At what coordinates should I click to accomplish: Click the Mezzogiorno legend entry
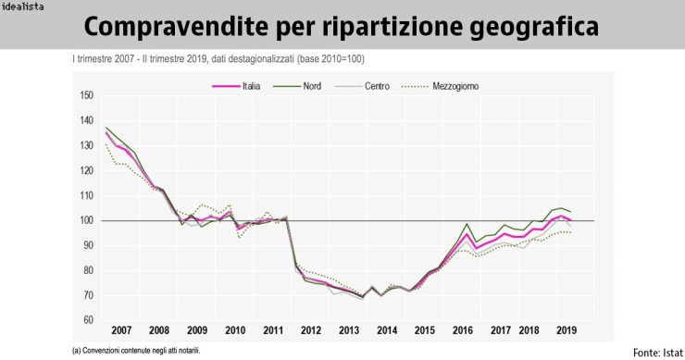point(456,85)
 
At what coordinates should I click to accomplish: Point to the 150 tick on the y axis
point(87,95)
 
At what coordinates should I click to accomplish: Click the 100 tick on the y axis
point(87,220)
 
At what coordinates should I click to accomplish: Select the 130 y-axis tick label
point(87,145)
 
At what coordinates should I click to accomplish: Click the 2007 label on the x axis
point(121,330)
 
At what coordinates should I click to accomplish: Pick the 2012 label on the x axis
point(310,330)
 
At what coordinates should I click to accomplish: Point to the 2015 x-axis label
point(424,330)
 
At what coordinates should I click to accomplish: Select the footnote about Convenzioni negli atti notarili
point(135,351)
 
